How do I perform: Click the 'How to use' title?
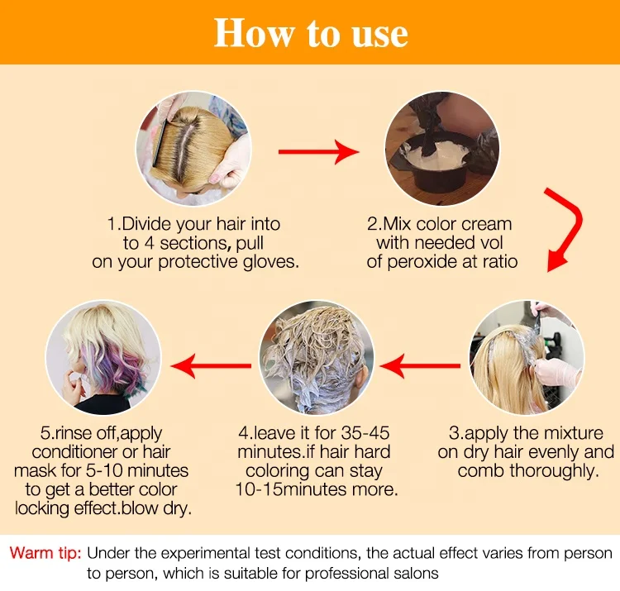pos(311,33)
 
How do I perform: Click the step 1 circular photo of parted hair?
pos(193,148)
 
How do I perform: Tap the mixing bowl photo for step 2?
pos(442,148)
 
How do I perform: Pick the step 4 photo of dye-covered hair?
pos(317,357)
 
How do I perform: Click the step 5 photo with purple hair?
pos(103,357)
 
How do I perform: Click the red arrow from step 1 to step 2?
pos(318,151)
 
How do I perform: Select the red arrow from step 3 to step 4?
pos(426,362)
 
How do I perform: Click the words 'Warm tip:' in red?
pos(45,553)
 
